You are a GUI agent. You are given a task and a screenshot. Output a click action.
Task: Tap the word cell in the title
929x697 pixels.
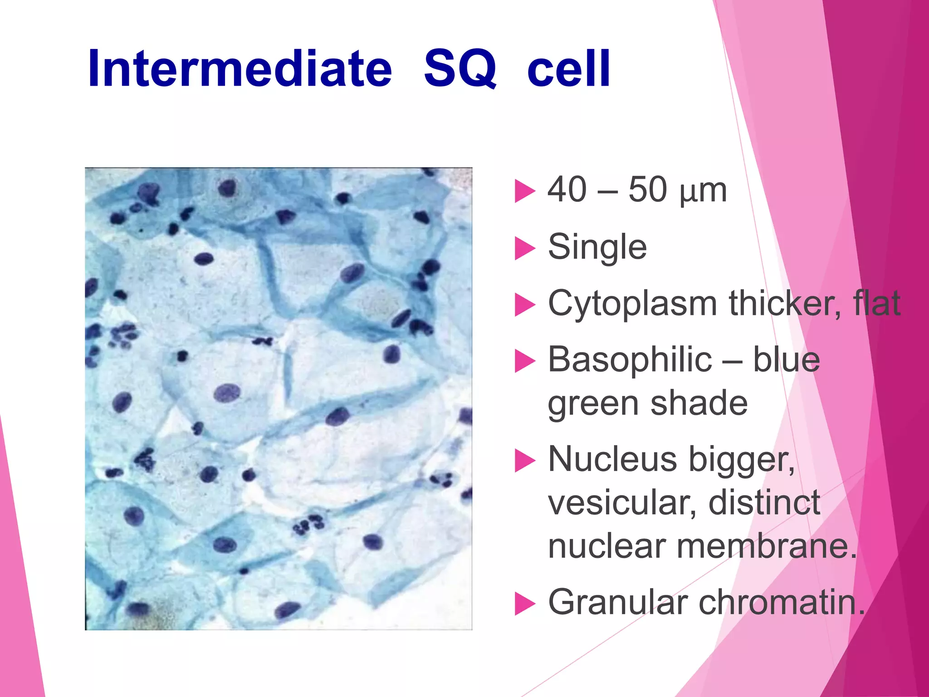(x=569, y=69)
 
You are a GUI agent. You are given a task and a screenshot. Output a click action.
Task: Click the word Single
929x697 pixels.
(x=597, y=247)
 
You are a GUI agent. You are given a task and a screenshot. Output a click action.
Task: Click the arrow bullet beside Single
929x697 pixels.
(x=524, y=249)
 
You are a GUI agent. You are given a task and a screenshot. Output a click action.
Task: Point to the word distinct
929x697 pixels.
(x=764, y=503)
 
